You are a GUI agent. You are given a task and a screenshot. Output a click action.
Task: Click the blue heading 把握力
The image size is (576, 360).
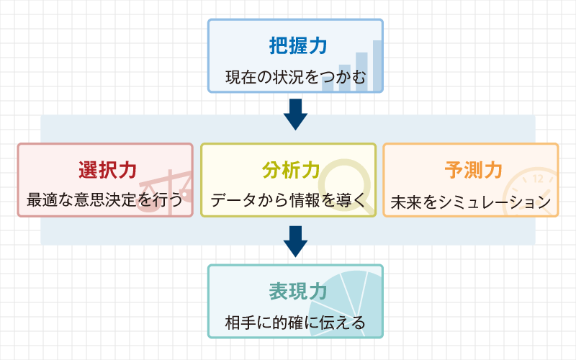[298, 46]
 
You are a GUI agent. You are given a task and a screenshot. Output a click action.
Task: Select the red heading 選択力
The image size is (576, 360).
[107, 170]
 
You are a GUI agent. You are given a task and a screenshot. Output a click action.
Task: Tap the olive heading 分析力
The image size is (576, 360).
[291, 170]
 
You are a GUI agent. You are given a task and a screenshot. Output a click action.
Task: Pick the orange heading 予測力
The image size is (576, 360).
[474, 170]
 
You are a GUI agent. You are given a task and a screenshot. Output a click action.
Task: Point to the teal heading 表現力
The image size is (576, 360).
[298, 292]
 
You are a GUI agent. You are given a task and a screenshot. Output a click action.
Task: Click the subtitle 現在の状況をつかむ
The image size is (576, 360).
[296, 77]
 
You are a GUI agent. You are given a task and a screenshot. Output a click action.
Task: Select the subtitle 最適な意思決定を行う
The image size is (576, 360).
[104, 199]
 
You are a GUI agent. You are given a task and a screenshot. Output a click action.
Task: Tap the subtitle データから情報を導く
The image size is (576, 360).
[288, 200]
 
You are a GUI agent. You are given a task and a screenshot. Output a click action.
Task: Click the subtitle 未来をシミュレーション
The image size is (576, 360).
[471, 202]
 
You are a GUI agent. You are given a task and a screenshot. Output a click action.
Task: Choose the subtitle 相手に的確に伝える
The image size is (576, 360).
[295, 323]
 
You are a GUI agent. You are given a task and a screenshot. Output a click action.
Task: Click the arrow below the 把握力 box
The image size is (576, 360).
[295, 114]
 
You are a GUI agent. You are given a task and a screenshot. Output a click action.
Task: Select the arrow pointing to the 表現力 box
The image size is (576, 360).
[295, 241]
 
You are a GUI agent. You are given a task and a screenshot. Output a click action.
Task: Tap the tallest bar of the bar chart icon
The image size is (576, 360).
[377, 66]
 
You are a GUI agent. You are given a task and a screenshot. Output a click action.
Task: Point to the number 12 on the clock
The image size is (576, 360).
[538, 179]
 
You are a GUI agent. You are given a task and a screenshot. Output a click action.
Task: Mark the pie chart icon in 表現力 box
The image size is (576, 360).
[346, 304]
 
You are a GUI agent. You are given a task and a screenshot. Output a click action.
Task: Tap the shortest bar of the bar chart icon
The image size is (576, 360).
[328, 84]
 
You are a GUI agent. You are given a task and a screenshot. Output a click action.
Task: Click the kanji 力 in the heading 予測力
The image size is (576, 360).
[493, 170]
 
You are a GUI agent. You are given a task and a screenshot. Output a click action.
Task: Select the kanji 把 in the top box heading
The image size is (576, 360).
[279, 46]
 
